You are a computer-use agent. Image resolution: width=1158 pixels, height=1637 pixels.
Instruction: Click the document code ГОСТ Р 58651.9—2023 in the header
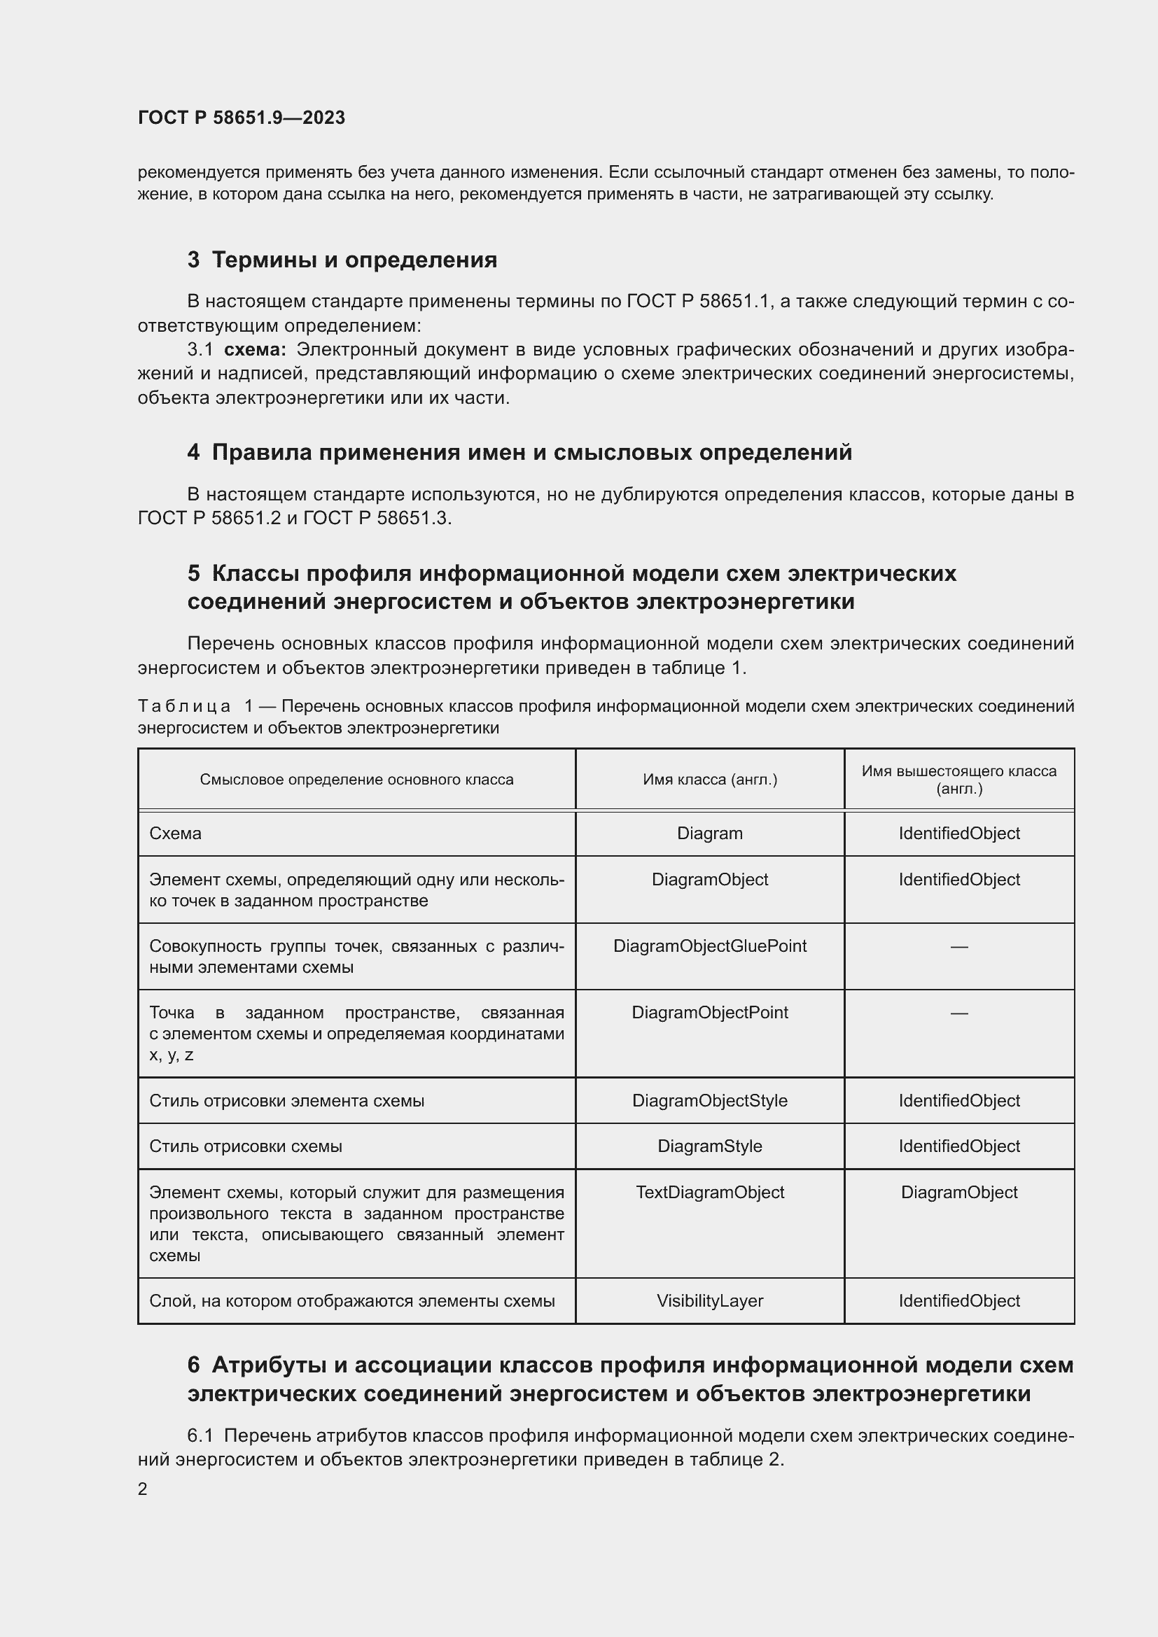tap(241, 118)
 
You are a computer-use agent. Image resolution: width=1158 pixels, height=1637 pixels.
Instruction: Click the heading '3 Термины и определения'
tap(342, 260)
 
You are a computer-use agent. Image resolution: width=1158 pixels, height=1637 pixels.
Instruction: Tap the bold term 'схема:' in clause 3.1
tap(256, 349)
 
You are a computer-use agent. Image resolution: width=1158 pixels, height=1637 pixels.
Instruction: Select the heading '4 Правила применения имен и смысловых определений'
tap(519, 452)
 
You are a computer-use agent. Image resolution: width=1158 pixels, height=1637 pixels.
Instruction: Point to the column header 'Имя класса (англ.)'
tap(709, 779)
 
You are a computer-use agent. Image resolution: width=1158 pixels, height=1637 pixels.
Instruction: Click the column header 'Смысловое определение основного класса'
tap(356, 779)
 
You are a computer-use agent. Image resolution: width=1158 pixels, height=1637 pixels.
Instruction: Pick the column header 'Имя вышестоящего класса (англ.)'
tap(959, 779)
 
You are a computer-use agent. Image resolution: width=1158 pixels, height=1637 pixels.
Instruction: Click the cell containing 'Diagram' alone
tap(709, 834)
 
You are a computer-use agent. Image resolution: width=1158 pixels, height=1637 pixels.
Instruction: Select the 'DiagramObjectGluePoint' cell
tap(709, 946)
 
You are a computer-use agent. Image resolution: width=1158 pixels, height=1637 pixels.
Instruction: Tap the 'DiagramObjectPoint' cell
tap(709, 1013)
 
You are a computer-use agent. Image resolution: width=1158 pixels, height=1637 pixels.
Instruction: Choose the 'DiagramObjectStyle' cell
tap(709, 1100)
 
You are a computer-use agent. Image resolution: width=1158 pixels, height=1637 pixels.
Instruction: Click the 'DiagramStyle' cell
tap(709, 1146)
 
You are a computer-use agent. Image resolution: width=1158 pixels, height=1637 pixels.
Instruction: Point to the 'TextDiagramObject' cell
tap(709, 1192)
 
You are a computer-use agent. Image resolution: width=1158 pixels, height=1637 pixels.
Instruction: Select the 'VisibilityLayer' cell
tap(709, 1301)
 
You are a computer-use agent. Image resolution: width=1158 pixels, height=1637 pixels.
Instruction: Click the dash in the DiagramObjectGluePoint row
tap(959, 947)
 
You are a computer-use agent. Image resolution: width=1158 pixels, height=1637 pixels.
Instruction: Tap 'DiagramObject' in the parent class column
tap(959, 1192)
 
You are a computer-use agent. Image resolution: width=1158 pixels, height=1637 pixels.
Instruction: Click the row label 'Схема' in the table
tap(176, 834)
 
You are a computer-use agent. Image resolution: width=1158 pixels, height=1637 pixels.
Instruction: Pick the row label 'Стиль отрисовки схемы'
tap(245, 1146)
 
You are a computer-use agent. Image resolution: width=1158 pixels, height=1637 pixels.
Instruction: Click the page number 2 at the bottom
tap(143, 1489)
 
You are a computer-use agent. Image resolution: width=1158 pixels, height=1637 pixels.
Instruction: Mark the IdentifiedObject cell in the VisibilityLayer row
tap(959, 1301)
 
